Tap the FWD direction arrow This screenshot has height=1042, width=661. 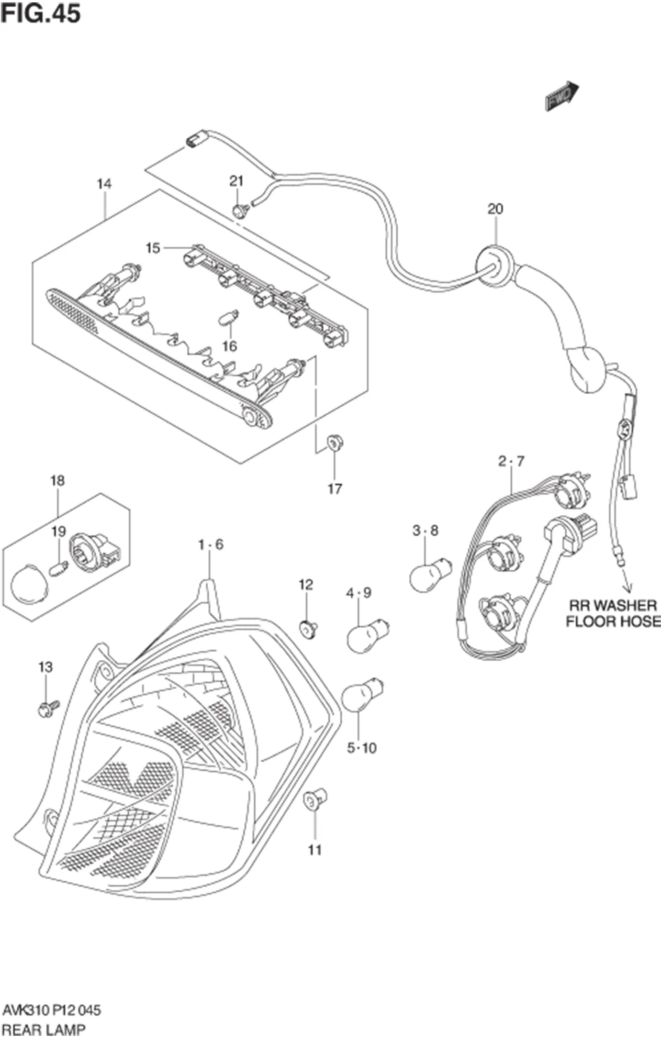click(x=562, y=95)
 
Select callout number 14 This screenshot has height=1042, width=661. click(x=104, y=184)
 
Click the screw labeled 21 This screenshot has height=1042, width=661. click(x=239, y=210)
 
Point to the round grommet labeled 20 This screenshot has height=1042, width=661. click(x=493, y=266)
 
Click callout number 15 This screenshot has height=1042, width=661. click(x=153, y=248)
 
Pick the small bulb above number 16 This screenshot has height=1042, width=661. click(x=229, y=317)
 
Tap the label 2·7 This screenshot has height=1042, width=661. click(x=511, y=461)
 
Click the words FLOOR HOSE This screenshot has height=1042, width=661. click(x=613, y=621)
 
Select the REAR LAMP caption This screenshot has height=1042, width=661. click(x=44, y=1029)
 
